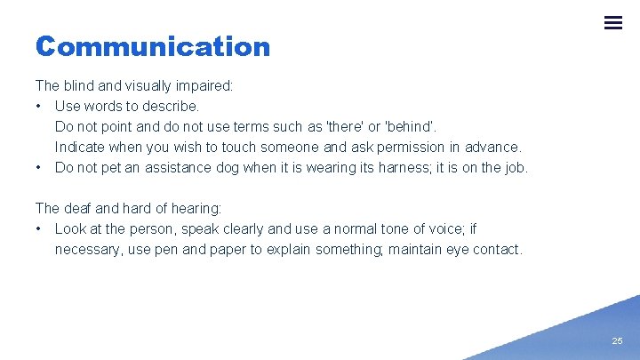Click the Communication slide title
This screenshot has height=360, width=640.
point(153,46)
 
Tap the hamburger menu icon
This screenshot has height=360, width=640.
point(613,23)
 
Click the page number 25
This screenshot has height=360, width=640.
point(617,341)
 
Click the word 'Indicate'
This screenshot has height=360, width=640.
point(80,148)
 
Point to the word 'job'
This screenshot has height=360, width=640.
point(514,168)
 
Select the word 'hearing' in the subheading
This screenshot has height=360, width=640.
point(196,209)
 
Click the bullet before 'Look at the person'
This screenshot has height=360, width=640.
point(40,229)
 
